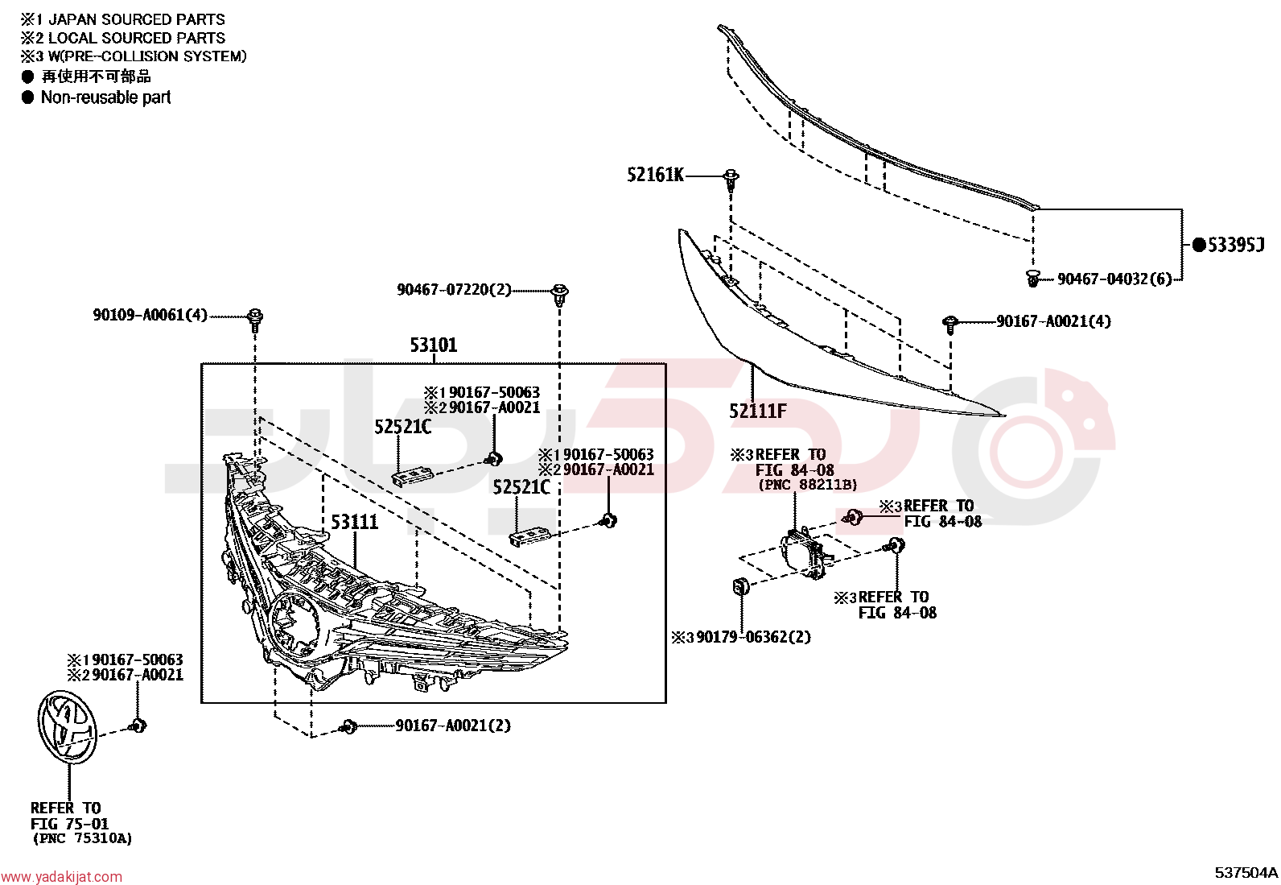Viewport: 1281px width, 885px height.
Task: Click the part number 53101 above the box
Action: point(434,345)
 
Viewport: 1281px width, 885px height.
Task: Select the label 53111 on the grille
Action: point(355,522)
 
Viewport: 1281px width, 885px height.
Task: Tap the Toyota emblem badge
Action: point(67,726)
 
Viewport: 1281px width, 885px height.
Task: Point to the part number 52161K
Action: point(655,175)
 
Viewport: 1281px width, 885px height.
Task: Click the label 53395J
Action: point(1234,245)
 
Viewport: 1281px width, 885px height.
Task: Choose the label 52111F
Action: point(758,411)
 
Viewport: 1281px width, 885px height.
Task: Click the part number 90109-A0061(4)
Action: point(150,315)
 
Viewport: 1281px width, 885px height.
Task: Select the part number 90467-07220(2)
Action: point(454,290)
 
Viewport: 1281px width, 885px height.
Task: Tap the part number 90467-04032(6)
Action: point(1114,279)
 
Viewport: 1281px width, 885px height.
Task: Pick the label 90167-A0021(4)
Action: point(1053,321)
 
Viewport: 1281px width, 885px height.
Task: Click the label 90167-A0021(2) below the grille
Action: point(453,726)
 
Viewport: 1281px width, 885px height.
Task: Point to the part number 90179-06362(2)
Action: point(754,637)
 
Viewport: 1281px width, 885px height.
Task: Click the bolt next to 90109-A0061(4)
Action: point(255,320)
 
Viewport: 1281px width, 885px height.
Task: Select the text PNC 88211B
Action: point(808,485)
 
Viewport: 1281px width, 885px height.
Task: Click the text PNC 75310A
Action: point(82,838)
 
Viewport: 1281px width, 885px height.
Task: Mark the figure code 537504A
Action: point(1246,872)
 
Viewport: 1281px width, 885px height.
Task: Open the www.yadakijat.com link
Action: point(62,877)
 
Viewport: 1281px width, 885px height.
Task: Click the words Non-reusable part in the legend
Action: point(105,97)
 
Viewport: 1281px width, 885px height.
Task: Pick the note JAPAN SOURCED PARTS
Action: point(137,19)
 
